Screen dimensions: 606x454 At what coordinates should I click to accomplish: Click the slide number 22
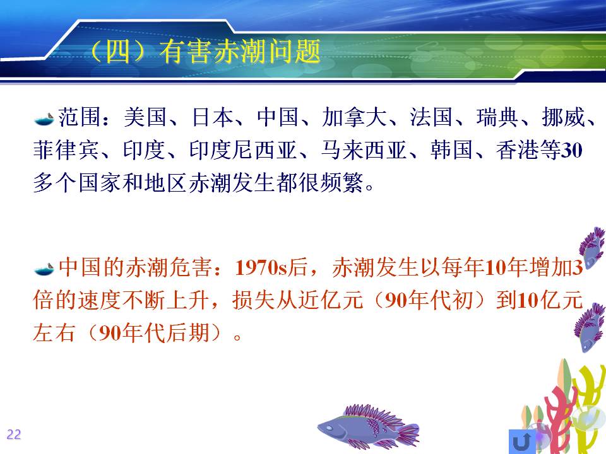click(13, 434)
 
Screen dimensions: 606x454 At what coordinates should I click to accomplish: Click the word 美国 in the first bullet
click(145, 117)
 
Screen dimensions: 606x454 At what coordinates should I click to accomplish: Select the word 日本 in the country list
click(213, 117)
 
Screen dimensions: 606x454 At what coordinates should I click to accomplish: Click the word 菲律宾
click(65, 150)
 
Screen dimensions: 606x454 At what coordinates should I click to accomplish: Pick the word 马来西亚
click(364, 150)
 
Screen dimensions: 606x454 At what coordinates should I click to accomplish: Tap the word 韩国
click(452, 150)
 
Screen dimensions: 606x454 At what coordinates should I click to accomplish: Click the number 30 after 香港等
click(572, 151)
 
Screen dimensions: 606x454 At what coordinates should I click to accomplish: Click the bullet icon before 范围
click(44, 119)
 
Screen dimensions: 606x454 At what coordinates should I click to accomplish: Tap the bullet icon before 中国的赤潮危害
click(44, 269)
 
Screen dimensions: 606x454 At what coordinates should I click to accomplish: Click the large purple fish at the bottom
click(368, 427)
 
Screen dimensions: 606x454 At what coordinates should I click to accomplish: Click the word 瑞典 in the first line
click(497, 117)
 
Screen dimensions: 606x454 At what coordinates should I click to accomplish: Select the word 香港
click(517, 150)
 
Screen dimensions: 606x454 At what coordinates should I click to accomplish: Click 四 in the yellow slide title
click(117, 51)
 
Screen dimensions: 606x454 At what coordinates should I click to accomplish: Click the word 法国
click(431, 117)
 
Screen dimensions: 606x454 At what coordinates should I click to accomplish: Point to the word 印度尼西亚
click(242, 150)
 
